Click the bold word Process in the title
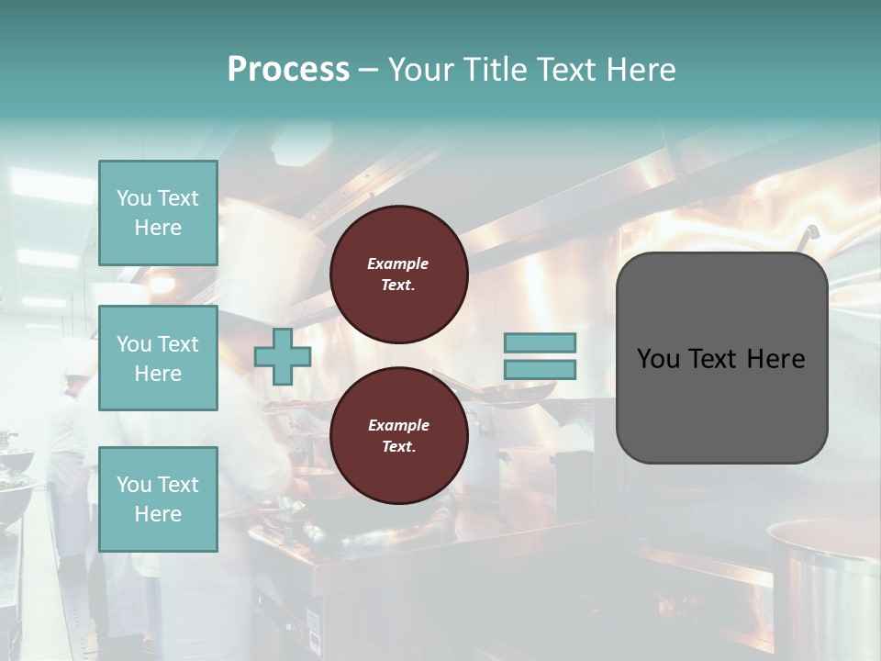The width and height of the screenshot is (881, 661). (x=288, y=70)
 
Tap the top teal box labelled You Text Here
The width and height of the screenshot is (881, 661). (x=158, y=213)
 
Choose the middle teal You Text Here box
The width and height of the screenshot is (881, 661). (x=158, y=358)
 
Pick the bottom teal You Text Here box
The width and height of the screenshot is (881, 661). (x=158, y=499)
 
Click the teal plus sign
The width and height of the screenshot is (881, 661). (x=283, y=356)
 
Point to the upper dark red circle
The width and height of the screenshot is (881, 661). (x=399, y=274)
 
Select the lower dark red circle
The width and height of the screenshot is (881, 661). (x=399, y=435)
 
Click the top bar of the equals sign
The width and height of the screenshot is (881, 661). (x=540, y=342)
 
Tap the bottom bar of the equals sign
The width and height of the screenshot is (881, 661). (x=540, y=369)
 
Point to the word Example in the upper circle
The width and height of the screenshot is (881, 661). (x=398, y=263)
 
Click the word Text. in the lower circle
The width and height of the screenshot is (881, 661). (x=398, y=447)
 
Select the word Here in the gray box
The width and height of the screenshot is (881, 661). (x=775, y=359)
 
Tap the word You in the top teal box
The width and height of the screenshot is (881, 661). (x=132, y=198)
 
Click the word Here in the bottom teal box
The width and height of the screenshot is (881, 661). (x=158, y=514)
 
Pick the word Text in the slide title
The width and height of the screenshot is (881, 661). (x=574, y=70)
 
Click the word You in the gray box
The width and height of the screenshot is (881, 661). (x=658, y=359)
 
